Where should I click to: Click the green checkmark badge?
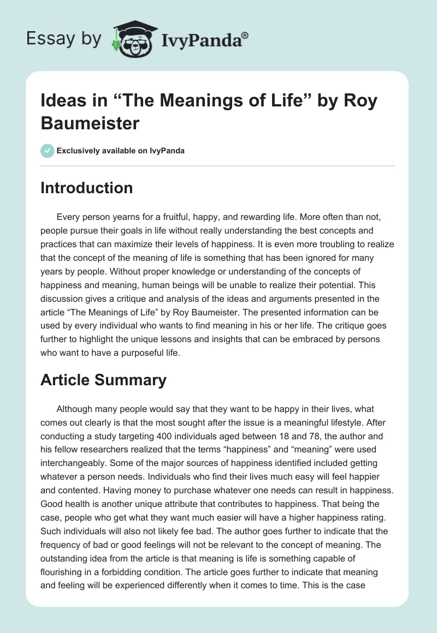coord(48,151)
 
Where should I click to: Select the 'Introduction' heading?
coord(86,188)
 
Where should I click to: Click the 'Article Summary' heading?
coord(103,380)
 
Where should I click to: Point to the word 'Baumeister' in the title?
coord(90,123)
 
